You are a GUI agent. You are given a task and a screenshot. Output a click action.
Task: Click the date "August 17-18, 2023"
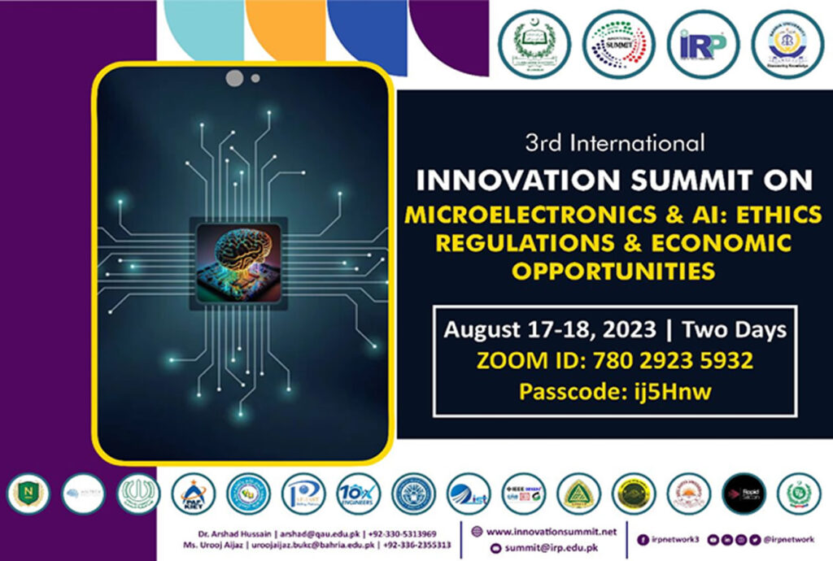[550, 330]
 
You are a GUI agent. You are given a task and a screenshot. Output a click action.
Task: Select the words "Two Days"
[734, 330]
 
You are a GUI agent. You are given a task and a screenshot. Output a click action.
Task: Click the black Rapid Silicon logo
[744, 493]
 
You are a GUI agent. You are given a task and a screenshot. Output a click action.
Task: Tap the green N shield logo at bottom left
[28, 493]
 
